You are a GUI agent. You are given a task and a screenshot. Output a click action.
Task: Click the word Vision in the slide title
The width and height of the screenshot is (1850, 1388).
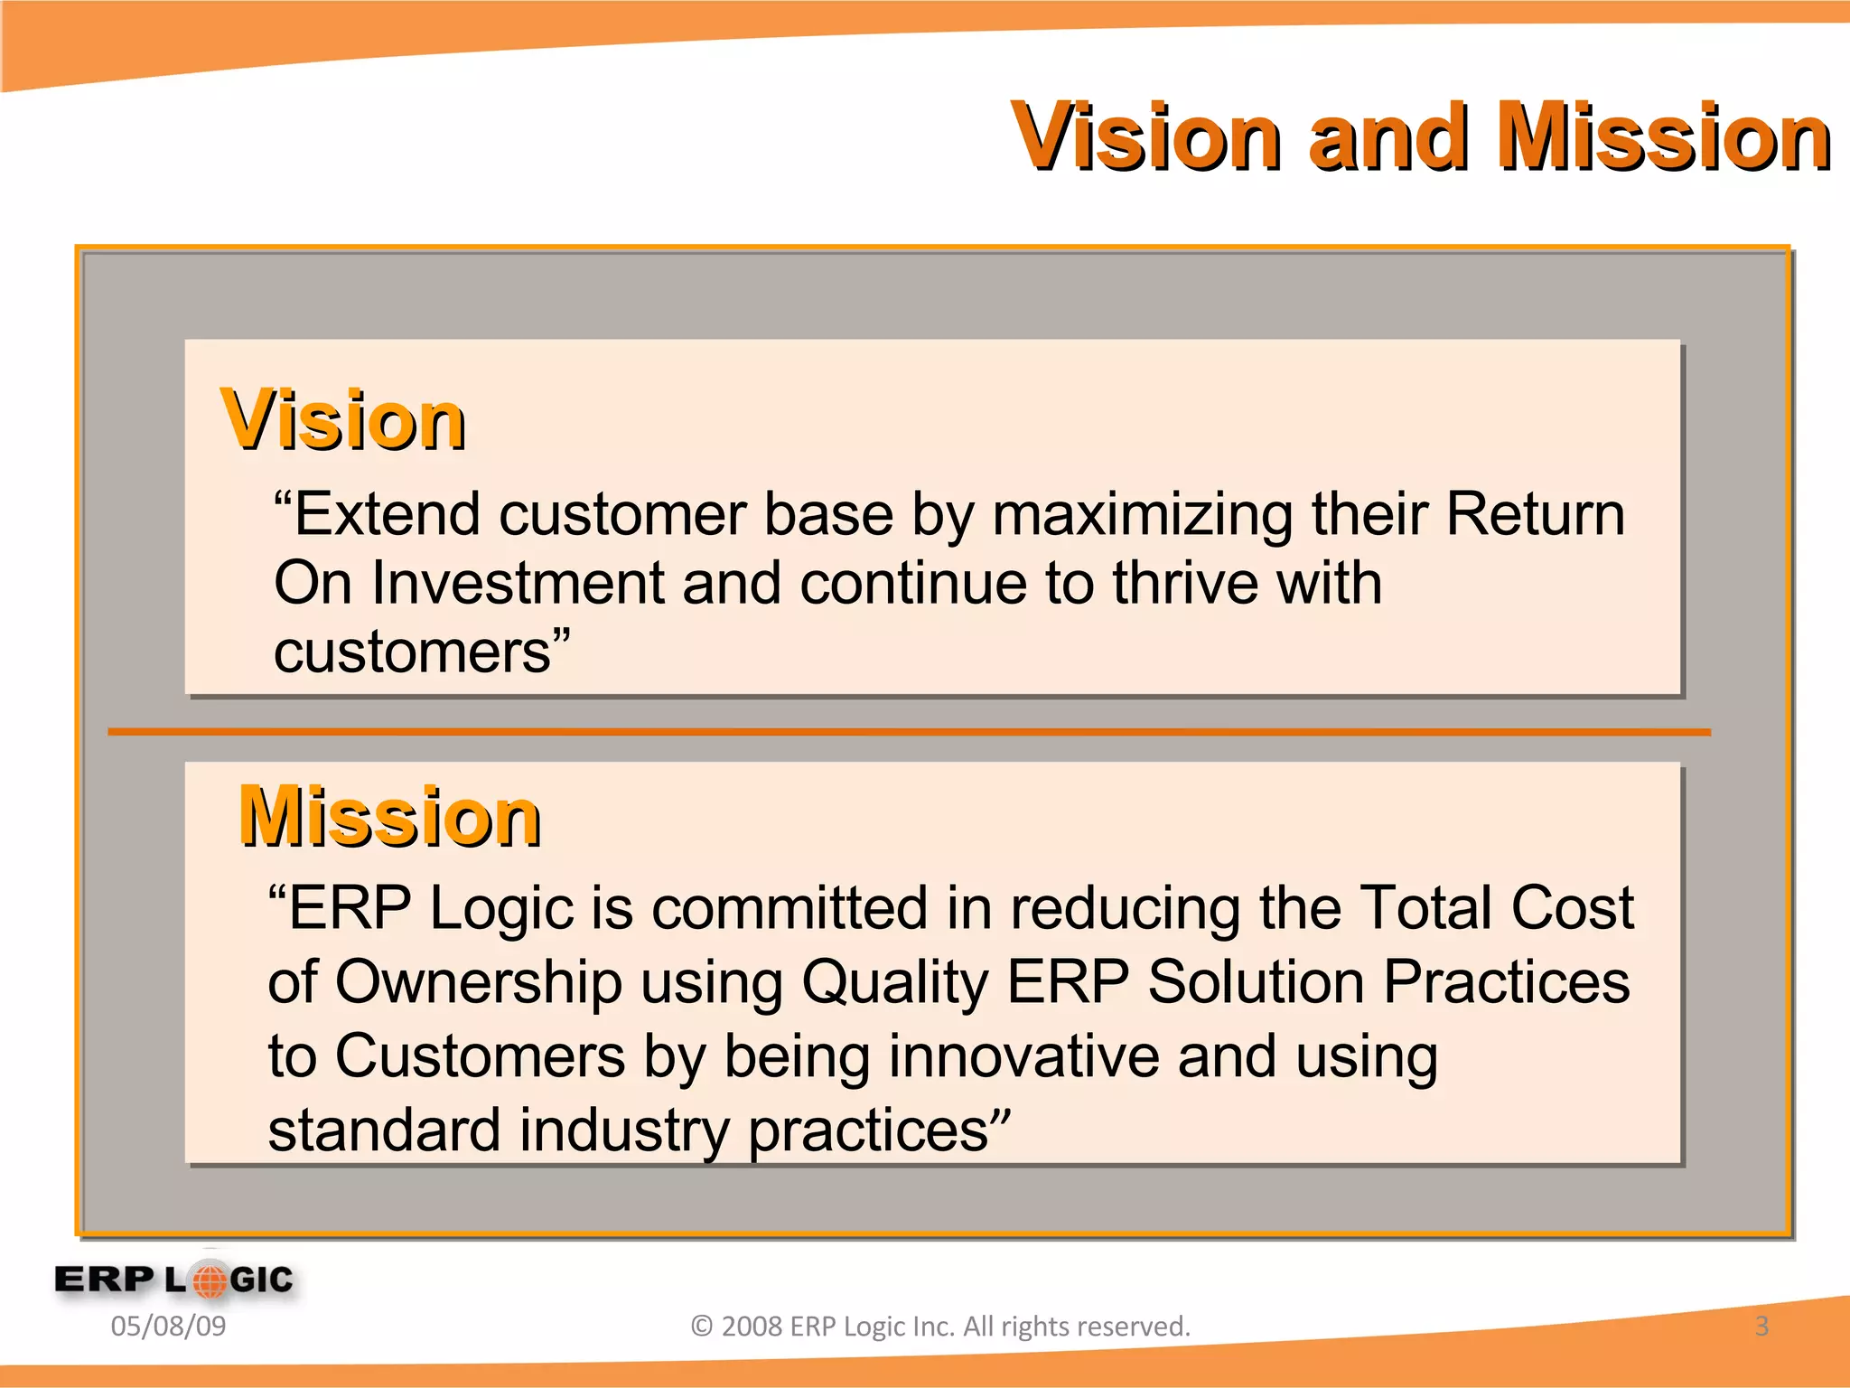(1145, 138)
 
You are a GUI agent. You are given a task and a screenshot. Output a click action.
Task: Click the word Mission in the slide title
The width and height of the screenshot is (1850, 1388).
(1663, 138)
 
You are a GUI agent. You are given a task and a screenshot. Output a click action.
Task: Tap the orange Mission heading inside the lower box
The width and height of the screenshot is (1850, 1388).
(390, 818)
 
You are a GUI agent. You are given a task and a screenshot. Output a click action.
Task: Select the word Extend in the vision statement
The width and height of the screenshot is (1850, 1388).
(387, 515)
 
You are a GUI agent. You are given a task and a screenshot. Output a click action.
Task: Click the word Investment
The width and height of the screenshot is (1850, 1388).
(517, 584)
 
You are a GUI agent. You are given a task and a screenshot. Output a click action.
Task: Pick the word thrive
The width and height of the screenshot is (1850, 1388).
(1185, 584)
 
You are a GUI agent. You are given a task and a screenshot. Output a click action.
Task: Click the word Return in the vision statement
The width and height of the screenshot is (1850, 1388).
(1535, 515)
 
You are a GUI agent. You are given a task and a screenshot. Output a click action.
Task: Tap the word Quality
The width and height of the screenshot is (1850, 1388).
(895, 983)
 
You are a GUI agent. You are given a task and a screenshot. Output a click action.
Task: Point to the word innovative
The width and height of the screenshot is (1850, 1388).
(1023, 1057)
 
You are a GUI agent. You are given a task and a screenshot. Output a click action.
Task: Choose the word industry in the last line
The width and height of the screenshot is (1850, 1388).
(624, 1131)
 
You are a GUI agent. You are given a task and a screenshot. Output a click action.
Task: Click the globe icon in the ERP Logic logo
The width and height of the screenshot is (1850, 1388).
(210, 1280)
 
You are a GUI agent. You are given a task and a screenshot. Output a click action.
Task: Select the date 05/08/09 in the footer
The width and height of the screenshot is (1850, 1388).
(168, 1327)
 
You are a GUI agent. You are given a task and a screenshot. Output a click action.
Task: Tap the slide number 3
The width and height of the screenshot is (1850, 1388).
(1761, 1327)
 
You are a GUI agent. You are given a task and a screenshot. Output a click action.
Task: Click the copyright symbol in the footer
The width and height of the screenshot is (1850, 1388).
(702, 1327)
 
